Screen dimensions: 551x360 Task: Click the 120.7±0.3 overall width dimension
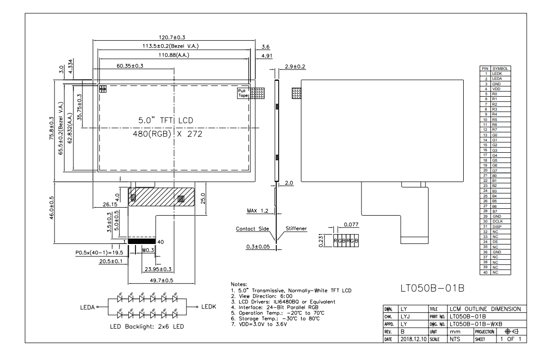tap(172, 37)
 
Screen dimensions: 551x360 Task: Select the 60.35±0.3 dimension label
tap(130, 65)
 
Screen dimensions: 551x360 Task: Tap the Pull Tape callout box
tap(243, 93)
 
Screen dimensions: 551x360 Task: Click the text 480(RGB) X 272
tap(168, 134)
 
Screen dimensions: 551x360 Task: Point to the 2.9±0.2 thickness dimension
tap(295, 66)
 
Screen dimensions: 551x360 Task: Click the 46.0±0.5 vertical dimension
tap(52, 208)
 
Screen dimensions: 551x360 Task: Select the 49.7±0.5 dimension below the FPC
tap(162, 280)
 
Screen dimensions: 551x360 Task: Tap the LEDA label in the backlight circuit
tap(87, 307)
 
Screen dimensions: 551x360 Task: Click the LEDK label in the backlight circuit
tap(209, 306)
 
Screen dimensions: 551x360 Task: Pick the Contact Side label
tap(252, 229)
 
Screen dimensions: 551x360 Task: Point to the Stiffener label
tap(296, 228)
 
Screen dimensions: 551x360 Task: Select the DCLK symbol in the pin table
tap(497, 221)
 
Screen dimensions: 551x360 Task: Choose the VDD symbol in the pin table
tap(496, 89)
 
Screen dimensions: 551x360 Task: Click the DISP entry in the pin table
tap(496, 227)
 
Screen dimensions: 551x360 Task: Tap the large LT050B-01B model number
tap(432, 288)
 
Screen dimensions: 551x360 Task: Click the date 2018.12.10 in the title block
tap(413, 339)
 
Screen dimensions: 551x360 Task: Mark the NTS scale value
tap(455, 339)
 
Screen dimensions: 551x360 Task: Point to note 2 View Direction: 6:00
tap(261, 296)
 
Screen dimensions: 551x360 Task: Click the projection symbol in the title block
tap(511, 331)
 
